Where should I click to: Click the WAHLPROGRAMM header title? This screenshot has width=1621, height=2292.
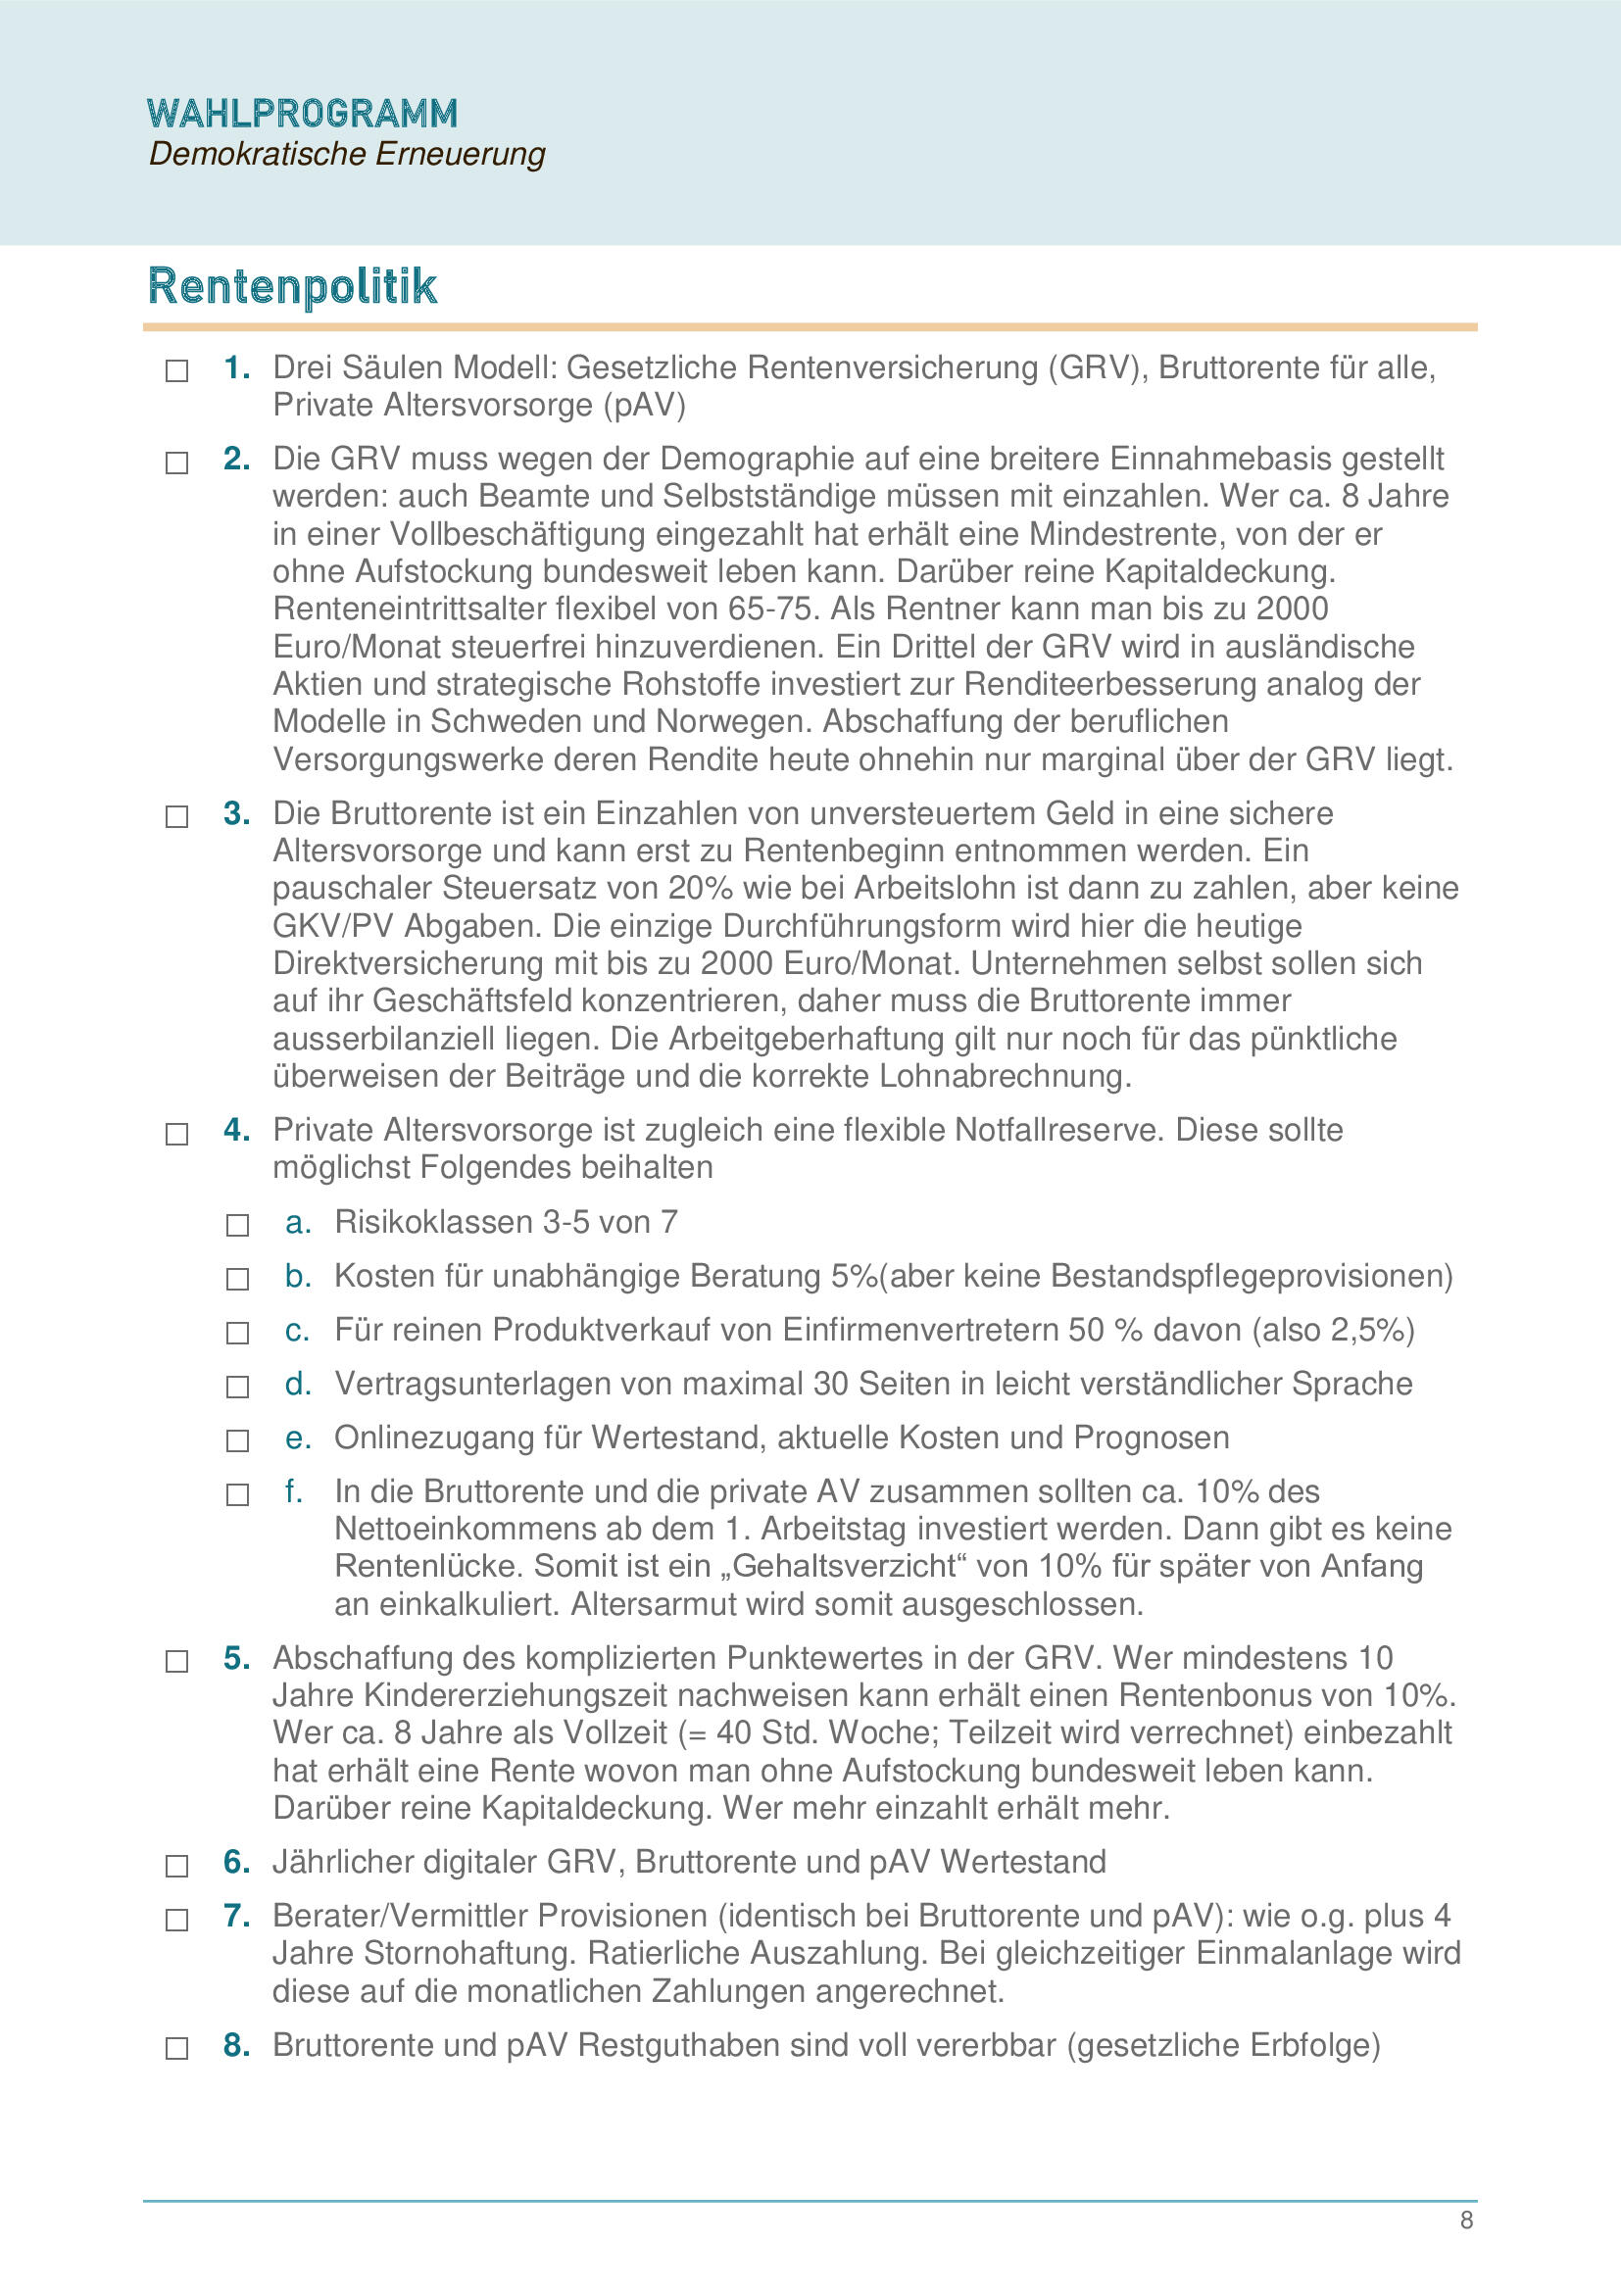[x=302, y=114]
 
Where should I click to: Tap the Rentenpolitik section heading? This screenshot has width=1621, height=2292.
[x=291, y=285]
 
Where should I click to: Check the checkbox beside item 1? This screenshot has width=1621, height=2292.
[x=176, y=371]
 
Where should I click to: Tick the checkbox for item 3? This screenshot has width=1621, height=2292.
[x=176, y=816]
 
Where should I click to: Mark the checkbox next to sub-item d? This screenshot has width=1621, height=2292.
[x=237, y=1387]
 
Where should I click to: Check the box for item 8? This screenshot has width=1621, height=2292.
[x=176, y=2048]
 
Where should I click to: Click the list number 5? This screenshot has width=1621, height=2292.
[x=235, y=1658]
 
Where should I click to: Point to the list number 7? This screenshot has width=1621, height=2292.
[x=235, y=1916]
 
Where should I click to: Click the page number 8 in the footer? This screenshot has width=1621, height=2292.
[x=1466, y=2220]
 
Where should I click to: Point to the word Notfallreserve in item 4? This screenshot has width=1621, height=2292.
[x=1059, y=1130]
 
